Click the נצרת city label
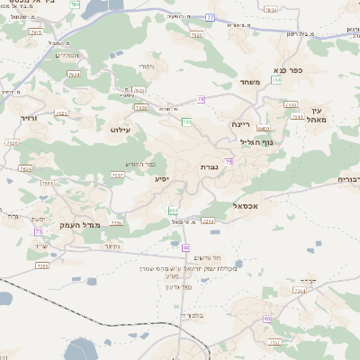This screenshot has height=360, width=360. (209, 167)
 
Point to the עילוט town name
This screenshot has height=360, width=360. (120, 130)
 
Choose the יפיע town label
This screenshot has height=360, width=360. (161, 179)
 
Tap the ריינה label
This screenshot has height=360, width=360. (240, 124)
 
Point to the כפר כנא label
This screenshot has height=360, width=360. (288, 68)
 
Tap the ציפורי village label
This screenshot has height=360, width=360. (147, 66)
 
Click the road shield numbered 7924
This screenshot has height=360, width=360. (74, 75)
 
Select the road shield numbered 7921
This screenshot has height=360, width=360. (61, 113)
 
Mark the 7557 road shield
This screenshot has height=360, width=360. (118, 175)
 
